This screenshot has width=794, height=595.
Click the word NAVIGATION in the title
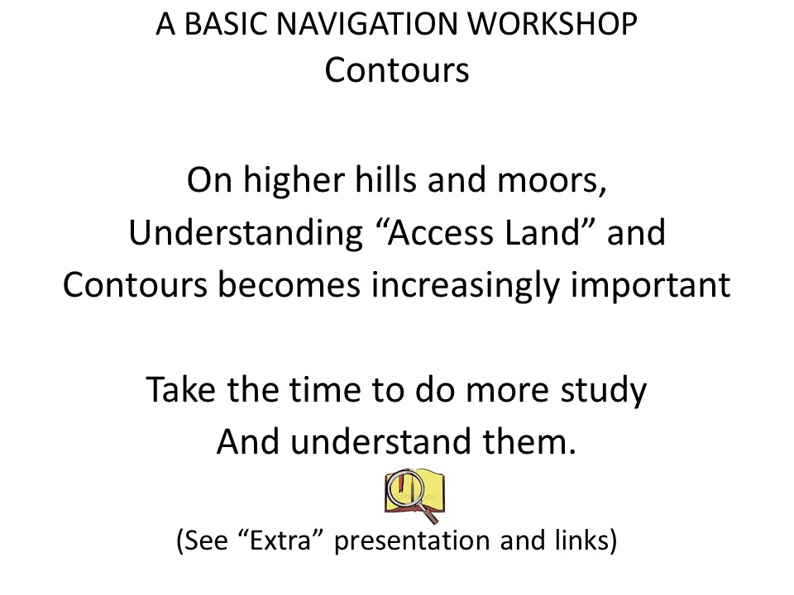pos(368,24)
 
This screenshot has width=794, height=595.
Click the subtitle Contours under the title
pos(397,70)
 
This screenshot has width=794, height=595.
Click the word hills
pos(387,179)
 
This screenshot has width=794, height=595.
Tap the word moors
pos(552,181)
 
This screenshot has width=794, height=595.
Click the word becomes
pos(289,284)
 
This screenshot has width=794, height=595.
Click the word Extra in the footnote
pos(280,540)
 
